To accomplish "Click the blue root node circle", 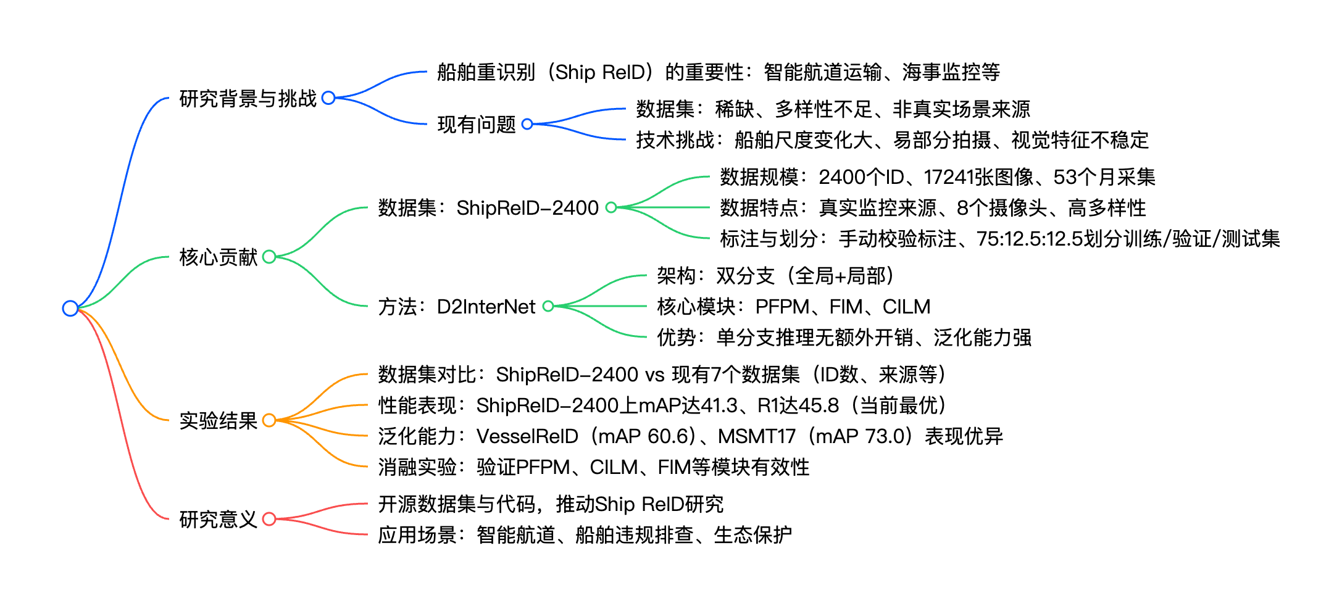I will pyautogui.click(x=70, y=308).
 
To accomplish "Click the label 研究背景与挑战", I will pyautogui.click(x=248, y=98).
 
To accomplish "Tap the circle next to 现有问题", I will pyautogui.click(x=527, y=124).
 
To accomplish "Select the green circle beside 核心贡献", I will pyautogui.click(x=269, y=257).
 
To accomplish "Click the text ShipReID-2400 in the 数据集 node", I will pyautogui.click(x=527, y=208).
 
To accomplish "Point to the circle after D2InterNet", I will pyautogui.click(x=548, y=306).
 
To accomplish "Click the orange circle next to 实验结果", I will pyautogui.click(x=269, y=420).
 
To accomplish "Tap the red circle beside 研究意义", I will pyautogui.click(x=269, y=519).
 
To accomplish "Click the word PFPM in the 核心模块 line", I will pyautogui.click(x=782, y=307).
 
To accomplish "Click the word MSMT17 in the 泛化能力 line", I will pyautogui.click(x=757, y=436).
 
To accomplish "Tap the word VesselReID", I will pyautogui.click(x=527, y=436).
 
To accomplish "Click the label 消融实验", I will pyautogui.click(x=417, y=467).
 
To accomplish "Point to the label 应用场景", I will pyautogui.click(x=417, y=535).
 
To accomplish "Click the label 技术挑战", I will pyautogui.click(x=675, y=140).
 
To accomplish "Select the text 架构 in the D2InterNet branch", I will pyautogui.click(x=676, y=276).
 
